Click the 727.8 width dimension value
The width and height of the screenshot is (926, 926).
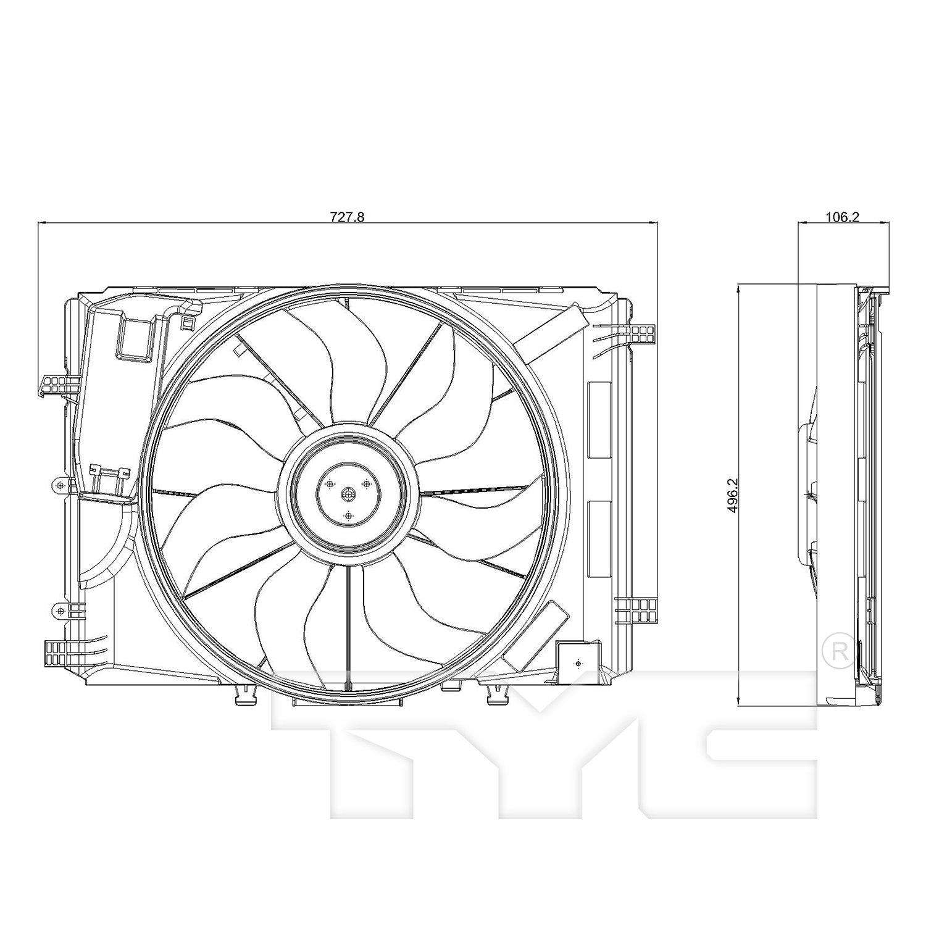(348, 217)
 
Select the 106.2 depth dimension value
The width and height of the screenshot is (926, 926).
(843, 217)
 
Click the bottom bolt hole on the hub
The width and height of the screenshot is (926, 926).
(348, 515)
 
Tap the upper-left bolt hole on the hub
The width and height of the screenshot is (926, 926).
(330, 483)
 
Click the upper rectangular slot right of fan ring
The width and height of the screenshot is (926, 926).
(598, 420)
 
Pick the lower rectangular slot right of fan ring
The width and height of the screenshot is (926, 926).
(598, 539)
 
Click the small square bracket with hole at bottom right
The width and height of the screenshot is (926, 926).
(577, 663)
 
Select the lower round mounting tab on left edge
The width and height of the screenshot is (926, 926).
(60, 611)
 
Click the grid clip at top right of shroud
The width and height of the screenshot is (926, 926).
(642, 334)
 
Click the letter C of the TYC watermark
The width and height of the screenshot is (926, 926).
(759, 759)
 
